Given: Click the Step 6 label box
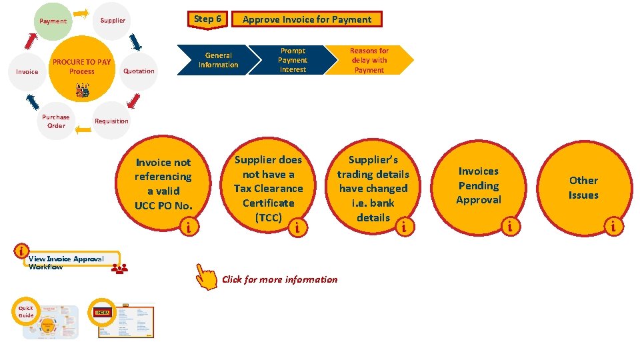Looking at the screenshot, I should click(209, 19).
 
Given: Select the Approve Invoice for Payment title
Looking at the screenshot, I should click(307, 19).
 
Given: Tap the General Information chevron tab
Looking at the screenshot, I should click(218, 60).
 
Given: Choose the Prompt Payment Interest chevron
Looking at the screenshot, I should click(293, 60).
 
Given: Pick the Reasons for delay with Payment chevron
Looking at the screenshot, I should click(369, 60).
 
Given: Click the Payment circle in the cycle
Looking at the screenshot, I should click(53, 21).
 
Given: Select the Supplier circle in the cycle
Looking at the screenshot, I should click(113, 21).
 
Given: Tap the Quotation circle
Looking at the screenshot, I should click(139, 71).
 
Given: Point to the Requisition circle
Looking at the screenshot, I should click(111, 121).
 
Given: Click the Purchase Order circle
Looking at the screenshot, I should click(56, 121).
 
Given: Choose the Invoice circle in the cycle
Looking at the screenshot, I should click(27, 71).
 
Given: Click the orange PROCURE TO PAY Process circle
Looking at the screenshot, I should click(82, 67).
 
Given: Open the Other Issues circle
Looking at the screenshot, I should click(583, 187).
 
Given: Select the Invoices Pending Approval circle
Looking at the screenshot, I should click(478, 186).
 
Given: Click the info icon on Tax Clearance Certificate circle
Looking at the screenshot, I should click(297, 229).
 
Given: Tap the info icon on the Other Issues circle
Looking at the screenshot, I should click(614, 228).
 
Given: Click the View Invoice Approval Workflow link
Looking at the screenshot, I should click(65, 263).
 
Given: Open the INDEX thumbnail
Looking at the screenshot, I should click(125, 321).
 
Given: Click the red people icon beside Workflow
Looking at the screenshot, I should click(120, 269).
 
